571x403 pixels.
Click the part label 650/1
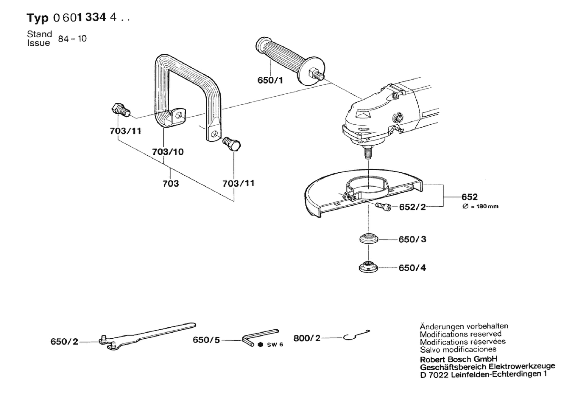(270, 80)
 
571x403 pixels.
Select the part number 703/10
(168, 152)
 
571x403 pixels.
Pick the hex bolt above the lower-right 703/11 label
(232, 144)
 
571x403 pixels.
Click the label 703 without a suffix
(171, 184)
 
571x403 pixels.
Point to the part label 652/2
(412, 207)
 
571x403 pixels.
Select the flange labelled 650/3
(369, 238)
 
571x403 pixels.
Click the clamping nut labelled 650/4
(368, 267)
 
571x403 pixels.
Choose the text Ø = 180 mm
(480, 206)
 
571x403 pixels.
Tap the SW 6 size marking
(275, 345)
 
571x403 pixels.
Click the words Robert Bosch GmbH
(459, 359)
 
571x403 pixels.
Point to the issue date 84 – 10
(72, 39)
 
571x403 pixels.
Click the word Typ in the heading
(37, 18)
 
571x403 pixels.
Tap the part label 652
(469, 197)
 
